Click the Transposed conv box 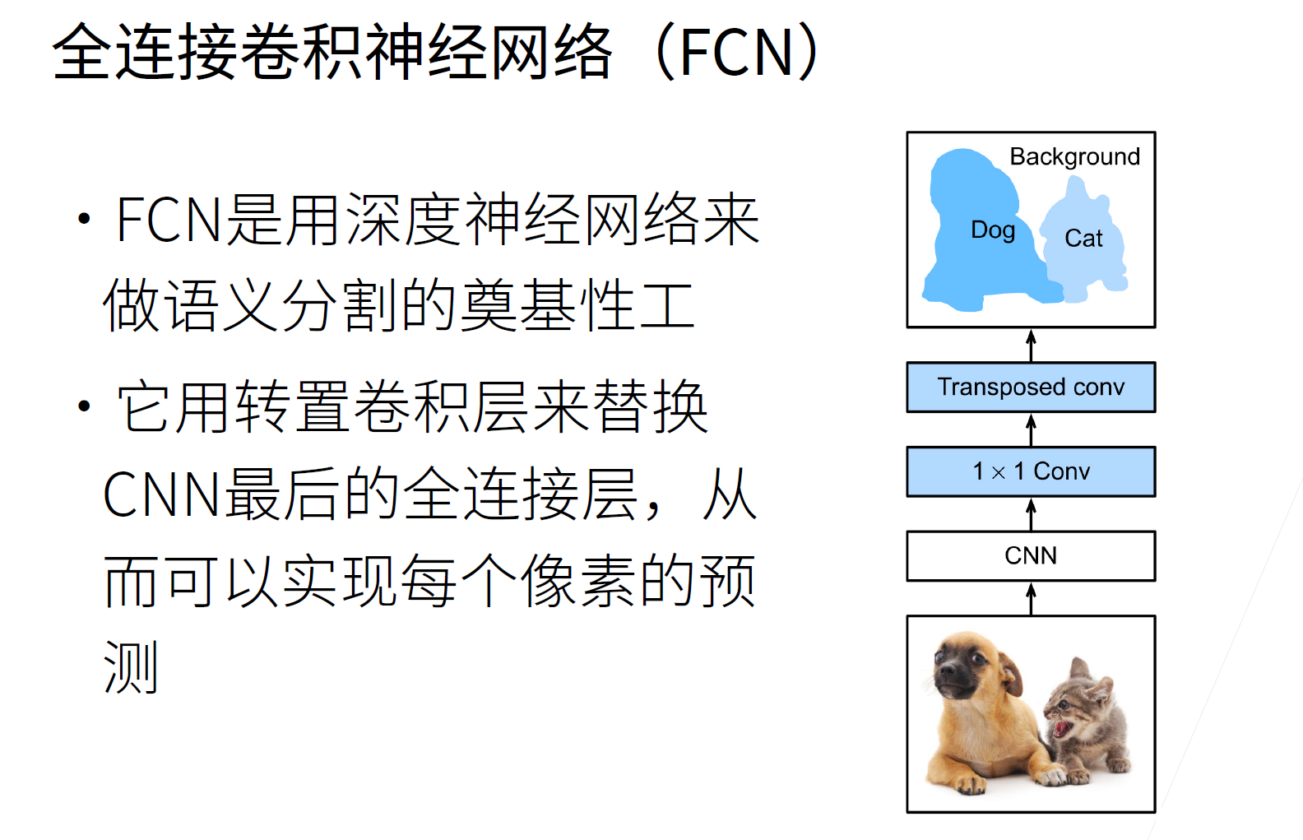pos(1031,388)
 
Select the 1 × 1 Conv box pos(1031,471)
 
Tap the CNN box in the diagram pos(1031,556)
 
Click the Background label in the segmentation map pos(1074,157)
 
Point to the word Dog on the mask pos(993,230)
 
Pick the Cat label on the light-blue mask pos(1083,239)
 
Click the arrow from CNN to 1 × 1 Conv pos(1031,514)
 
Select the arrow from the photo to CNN pos(1031,599)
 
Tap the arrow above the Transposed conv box pos(1031,346)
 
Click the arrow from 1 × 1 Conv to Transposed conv pos(1031,430)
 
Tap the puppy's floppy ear pos(1011,674)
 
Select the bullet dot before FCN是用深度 pos(85,219)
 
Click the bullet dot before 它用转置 pos(85,406)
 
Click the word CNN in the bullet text pos(162,494)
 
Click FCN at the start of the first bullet pos(169,220)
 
